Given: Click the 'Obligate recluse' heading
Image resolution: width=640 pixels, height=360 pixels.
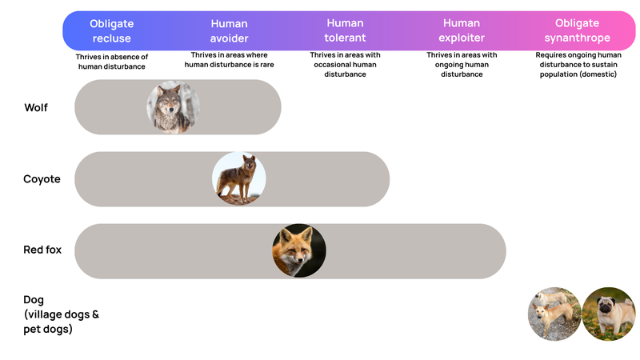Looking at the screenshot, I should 110,30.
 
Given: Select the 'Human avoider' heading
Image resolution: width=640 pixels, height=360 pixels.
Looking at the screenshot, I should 230,30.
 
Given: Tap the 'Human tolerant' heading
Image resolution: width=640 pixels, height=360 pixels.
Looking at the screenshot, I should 346,30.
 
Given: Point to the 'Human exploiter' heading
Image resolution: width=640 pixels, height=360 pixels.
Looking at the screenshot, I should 462,30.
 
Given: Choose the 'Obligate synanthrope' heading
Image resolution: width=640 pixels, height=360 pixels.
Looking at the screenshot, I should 577,30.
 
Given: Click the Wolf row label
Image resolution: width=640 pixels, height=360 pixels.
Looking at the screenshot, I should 37,107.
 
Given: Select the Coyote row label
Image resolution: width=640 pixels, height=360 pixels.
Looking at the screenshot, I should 42,179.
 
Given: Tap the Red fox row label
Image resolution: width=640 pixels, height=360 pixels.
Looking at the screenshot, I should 42,250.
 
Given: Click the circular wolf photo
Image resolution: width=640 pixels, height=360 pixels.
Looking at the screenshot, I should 174,107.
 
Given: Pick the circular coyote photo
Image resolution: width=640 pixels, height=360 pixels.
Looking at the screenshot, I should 238,178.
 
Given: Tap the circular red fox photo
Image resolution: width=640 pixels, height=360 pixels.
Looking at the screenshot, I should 299,250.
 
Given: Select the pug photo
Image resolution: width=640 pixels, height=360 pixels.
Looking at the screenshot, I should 608,314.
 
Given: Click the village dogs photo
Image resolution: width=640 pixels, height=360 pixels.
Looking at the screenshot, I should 554,314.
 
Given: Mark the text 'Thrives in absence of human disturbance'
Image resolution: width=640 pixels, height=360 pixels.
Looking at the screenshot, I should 112,62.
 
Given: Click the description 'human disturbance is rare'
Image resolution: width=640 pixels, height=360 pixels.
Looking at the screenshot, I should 230,65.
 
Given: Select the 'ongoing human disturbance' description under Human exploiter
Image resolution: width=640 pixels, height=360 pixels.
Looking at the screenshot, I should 462,70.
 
